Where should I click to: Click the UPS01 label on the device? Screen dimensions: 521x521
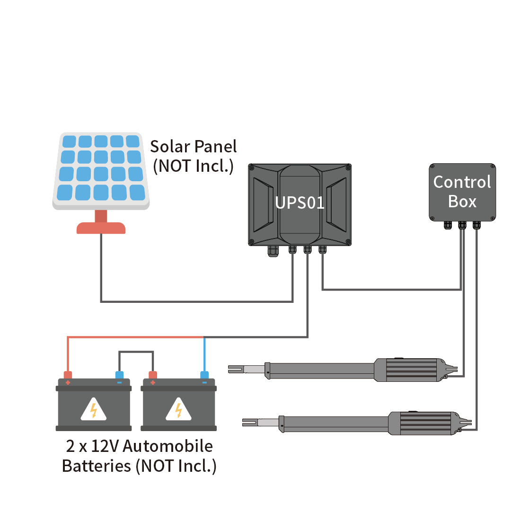tap(300, 203)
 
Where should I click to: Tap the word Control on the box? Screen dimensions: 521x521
tap(462, 182)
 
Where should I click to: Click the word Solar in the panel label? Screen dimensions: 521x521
tap(169, 147)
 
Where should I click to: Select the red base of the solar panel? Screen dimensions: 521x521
tap(101, 228)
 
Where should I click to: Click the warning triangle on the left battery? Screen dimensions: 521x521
tap(94, 409)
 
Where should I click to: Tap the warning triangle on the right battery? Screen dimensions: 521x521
tap(178, 409)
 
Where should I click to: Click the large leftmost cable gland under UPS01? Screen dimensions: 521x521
tap(274, 250)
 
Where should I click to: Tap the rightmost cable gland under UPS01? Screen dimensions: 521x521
tap(322, 249)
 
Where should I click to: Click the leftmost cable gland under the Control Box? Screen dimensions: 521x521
tap(448, 225)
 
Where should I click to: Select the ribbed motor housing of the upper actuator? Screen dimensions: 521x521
tap(410, 370)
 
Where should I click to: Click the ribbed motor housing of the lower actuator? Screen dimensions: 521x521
tap(424, 423)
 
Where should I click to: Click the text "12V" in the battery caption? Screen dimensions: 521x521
tap(105, 446)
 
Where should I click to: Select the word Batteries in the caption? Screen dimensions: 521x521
tap(97, 466)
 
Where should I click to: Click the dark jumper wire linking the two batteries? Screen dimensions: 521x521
tap(136, 352)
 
